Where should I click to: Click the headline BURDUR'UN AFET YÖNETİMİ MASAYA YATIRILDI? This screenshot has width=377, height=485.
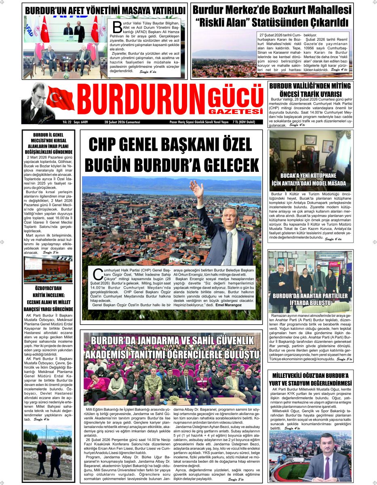click(x=106, y=10)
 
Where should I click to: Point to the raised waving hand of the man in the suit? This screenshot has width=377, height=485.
click(x=197, y=189)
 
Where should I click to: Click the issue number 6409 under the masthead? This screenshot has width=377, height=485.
click(x=84, y=122)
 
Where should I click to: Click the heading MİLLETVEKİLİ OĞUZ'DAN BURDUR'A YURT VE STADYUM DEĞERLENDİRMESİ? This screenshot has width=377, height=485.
click(x=310, y=379)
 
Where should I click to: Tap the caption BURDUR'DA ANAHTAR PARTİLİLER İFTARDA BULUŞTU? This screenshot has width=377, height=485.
click(x=310, y=299)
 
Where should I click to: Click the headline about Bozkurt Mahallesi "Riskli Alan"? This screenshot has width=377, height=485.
click(x=272, y=15)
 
